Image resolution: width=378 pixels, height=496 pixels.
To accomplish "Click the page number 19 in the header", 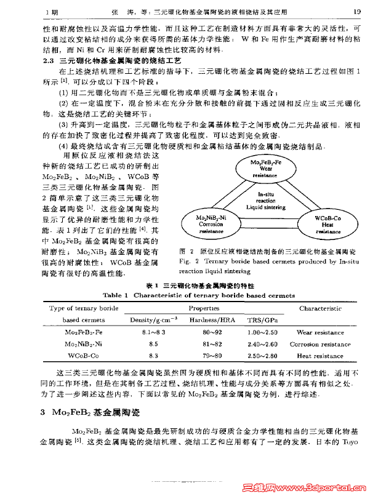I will point(356,10).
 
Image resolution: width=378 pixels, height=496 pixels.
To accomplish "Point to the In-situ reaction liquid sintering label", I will point(266,201).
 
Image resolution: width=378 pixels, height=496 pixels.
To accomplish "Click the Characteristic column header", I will point(320,308).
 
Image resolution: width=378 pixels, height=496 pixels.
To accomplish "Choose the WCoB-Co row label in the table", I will point(84,356).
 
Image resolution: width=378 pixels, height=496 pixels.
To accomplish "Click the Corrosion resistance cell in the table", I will point(320,344).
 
